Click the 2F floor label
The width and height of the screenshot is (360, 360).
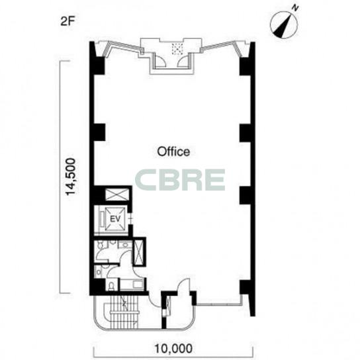(67, 21)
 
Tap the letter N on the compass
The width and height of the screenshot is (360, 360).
(295, 8)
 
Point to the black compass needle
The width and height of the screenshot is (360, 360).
(283, 27)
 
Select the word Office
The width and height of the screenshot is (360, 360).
(173, 152)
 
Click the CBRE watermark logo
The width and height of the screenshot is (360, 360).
(180, 180)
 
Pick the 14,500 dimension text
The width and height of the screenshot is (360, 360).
(71, 177)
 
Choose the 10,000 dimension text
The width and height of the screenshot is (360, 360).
(173, 349)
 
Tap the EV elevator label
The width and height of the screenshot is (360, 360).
(115, 219)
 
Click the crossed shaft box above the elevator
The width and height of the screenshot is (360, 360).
(117, 195)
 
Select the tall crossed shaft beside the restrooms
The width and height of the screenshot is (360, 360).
(139, 253)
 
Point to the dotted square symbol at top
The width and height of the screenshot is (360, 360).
(177, 49)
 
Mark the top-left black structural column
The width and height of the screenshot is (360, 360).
(99, 66)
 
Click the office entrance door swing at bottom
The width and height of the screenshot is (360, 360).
(184, 285)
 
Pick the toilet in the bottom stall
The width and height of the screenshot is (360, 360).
(111, 287)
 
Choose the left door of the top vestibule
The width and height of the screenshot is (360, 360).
(160, 62)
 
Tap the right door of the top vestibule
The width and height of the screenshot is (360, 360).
(183, 62)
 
